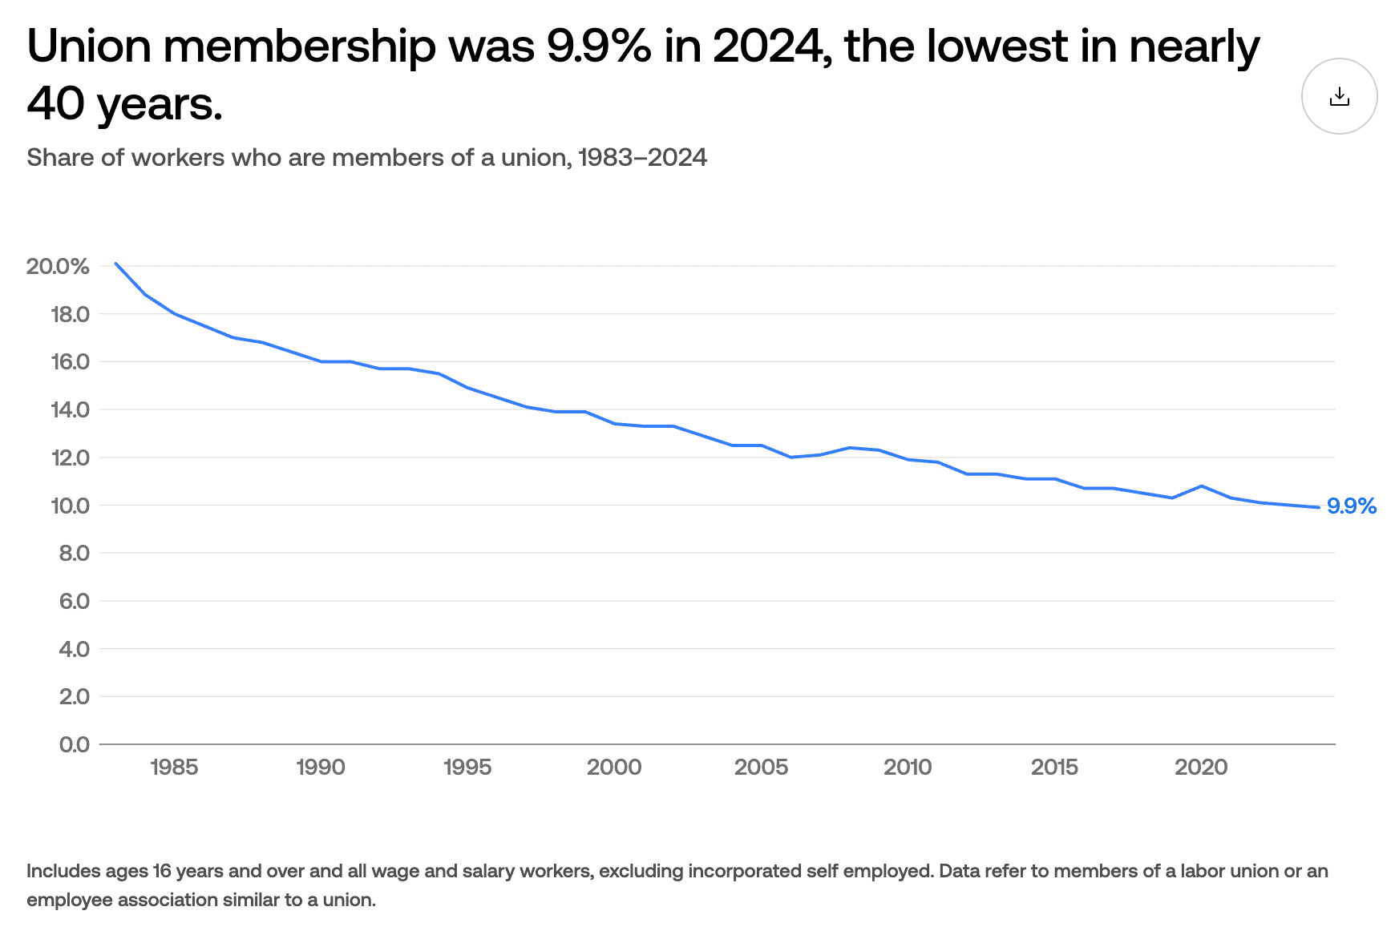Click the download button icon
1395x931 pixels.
click(1339, 97)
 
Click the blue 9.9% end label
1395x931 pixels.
click(1351, 506)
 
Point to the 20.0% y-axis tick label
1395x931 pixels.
click(58, 267)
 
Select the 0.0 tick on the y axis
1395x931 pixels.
click(74, 744)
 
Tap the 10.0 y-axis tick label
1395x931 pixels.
click(71, 506)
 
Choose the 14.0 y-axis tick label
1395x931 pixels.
click(71, 410)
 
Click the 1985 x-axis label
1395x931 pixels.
click(174, 768)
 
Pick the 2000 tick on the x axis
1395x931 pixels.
click(614, 768)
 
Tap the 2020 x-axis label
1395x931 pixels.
click(1201, 768)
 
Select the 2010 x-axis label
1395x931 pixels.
click(908, 768)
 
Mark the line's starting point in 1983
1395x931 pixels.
click(115, 263)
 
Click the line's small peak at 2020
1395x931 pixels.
click(1201, 486)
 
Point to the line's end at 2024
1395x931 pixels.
click(1318, 507)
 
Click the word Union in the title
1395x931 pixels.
click(89, 46)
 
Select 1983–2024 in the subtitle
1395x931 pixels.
click(642, 158)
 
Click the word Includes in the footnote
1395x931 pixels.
click(63, 871)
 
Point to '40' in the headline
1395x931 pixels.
click(55, 104)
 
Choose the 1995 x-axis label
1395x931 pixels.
click(467, 768)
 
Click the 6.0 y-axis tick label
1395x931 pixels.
click(74, 601)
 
